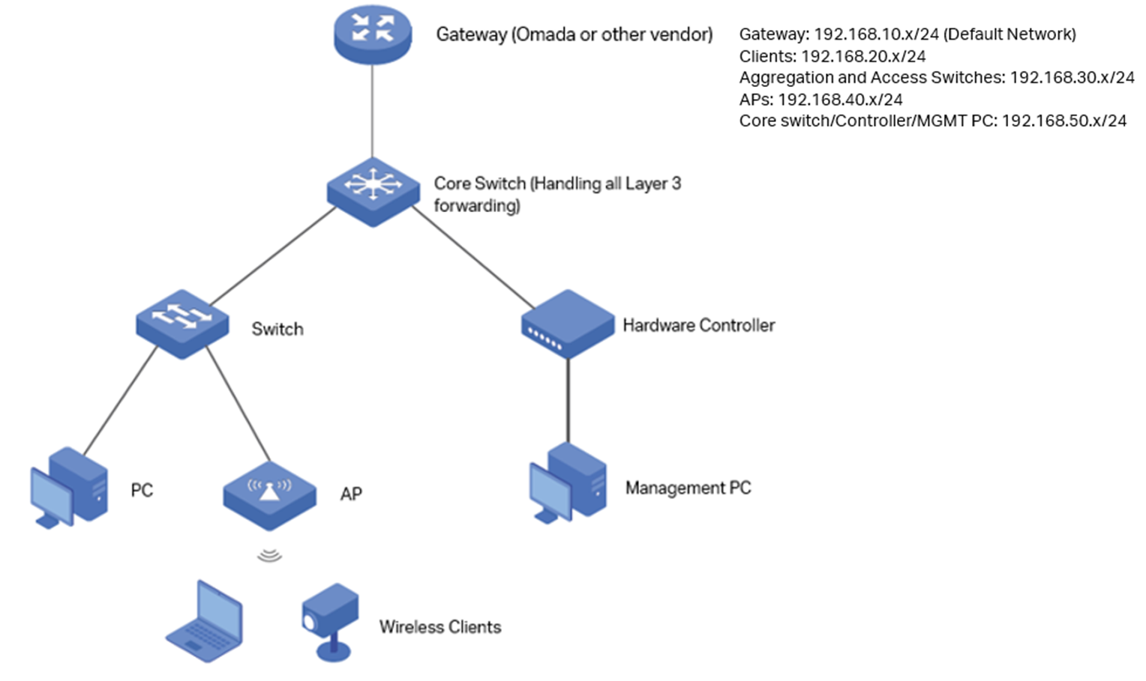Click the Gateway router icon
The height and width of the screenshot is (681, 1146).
[373, 34]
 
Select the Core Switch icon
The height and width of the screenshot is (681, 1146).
[373, 190]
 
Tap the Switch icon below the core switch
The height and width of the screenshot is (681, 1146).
[182, 323]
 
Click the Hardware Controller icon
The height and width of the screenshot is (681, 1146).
[567, 324]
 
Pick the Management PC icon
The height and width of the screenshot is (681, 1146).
[568, 483]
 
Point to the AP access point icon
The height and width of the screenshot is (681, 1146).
[269, 495]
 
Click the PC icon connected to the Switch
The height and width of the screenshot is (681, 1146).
[70, 488]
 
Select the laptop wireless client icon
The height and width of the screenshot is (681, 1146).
[205, 621]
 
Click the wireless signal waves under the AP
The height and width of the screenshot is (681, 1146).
[269, 555]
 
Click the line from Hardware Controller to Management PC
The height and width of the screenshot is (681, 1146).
[568, 401]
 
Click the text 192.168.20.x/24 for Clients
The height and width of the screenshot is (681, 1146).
[863, 56]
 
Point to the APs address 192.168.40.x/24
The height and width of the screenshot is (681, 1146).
[840, 100]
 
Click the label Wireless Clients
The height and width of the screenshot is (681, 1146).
[439, 627]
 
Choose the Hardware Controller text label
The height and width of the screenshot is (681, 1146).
[698, 325]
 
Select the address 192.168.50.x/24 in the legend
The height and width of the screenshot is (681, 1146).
[1063, 121]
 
